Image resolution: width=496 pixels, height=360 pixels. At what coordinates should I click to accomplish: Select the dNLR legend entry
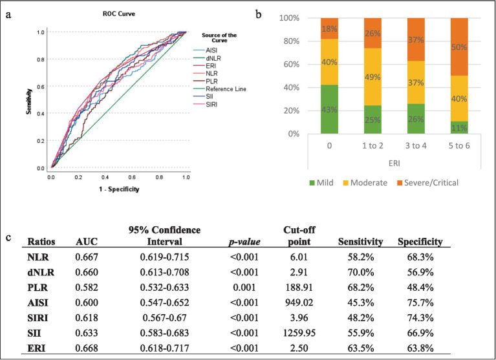coord(207,58)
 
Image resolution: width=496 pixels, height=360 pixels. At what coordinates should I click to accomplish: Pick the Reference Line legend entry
coord(219,89)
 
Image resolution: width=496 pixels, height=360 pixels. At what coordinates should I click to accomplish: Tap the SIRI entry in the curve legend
coord(205,105)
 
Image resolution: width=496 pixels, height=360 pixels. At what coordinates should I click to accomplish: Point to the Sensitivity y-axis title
coord(29,101)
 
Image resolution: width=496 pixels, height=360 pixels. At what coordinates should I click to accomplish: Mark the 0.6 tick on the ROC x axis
coord(132,177)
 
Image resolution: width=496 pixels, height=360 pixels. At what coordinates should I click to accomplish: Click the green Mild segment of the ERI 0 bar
coord(329,109)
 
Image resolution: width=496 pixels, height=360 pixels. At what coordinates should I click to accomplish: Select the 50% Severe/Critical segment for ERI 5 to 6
coord(459,47)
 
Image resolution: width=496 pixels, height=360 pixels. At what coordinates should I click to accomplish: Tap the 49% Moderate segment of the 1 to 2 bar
coord(372,77)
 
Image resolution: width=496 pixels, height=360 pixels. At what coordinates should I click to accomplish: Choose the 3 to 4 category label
coord(416,145)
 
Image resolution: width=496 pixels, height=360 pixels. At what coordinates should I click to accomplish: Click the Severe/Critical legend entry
coord(427,183)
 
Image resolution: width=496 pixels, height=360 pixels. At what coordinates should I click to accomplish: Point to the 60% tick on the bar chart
coord(290,65)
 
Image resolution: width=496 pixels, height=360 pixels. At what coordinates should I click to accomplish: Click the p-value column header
coord(244,242)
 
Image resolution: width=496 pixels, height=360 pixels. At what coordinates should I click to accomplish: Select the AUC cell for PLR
coord(87,288)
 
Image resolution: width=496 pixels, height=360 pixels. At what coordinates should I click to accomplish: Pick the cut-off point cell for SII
coord(299,333)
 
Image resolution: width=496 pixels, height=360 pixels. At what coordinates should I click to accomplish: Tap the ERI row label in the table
coord(36,348)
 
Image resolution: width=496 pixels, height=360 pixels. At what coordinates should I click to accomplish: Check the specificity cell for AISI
coord(420,302)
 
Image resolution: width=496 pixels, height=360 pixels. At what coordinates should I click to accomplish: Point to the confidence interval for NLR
coord(164,257)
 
